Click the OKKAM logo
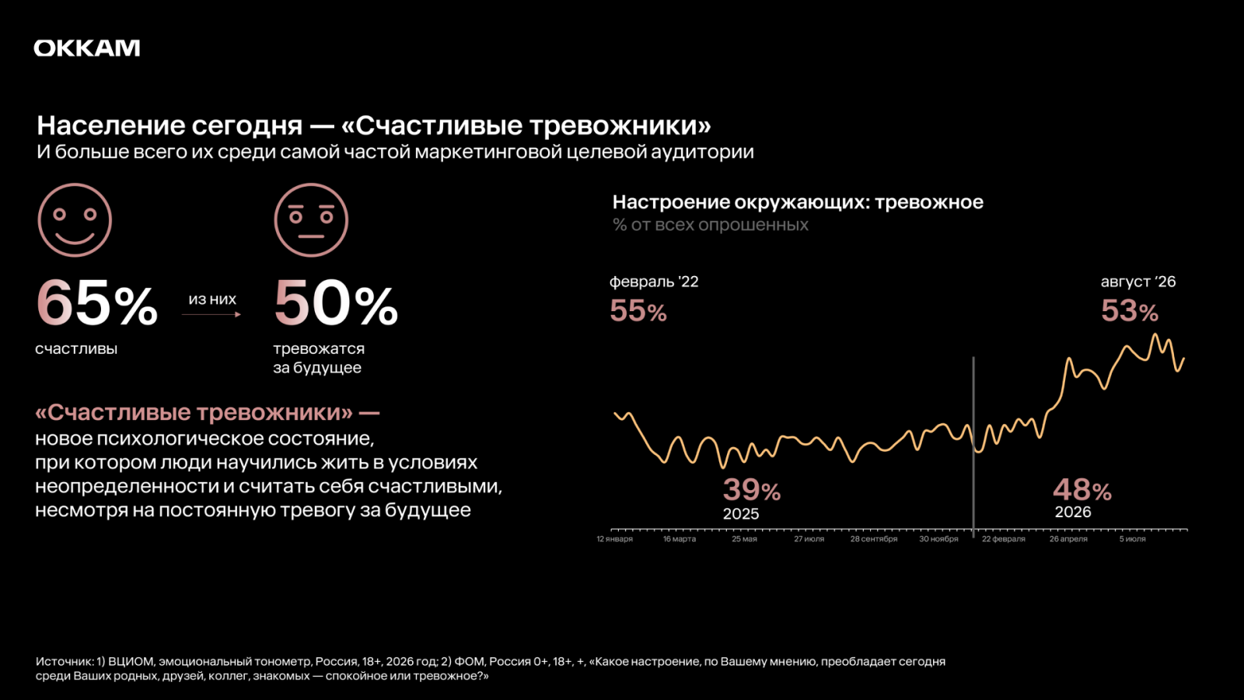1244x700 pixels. click(x=86, y=48)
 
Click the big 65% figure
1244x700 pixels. click(x=96, y=303)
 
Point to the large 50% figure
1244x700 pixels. click(x=335, y=303)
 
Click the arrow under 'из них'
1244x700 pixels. click(x=211, y=314)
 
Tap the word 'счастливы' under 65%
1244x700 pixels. click(x=76, y=349)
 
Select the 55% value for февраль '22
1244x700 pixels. click(x=638, y=310)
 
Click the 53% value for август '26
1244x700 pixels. click(x=1130, y=310)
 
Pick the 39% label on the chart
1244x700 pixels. click(x=751, y=490)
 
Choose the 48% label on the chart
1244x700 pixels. click(x=1082, y=490)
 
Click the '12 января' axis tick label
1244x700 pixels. click(x=614, y=539)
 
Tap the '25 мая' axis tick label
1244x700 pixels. click(x=744, y=539)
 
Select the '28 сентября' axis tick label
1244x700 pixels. click(x=874, y=539)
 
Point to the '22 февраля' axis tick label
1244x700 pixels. click(x=1004, y=539)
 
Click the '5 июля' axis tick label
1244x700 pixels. click(x=1132, y=539)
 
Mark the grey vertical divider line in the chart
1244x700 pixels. click(x=973, y=447)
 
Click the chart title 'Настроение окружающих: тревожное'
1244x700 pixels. click(x=798, y=202)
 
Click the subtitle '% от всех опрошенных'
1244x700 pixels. click(x=711, y=225)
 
